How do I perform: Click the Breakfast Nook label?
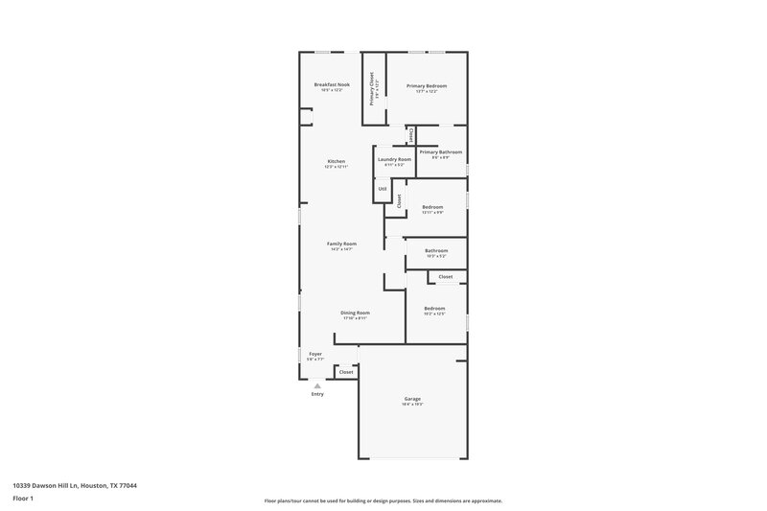click(332, 85)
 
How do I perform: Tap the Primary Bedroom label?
click(427, 85)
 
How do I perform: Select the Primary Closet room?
click(372, 88)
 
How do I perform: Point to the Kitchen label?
click(336, 161)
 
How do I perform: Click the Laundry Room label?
click(394, 159)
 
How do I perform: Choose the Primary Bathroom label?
click(440, 151)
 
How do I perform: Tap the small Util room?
click(383, 189)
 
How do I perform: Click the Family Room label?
click(341, 244)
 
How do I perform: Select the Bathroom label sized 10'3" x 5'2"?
click(436, 251)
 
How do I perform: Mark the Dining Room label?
click(355, 313)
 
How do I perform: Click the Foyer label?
click(315, 354)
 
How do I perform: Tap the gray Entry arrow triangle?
click(317, 385)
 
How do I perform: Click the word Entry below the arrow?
click(317, 394)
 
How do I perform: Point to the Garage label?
click(412, 399)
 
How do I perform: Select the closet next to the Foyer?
click(345, 371)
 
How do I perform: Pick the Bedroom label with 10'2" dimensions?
click(434, 308)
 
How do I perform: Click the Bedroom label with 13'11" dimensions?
click(433, 207)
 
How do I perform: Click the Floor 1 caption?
click(23, 499)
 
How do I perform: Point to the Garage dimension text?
click(412, 405)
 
